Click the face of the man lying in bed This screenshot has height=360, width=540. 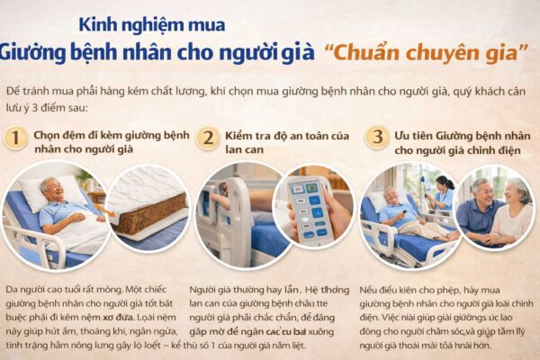(55, 191)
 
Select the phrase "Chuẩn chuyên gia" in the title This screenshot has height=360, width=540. (427, 52)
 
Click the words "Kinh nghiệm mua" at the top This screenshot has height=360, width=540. (152, 24)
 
